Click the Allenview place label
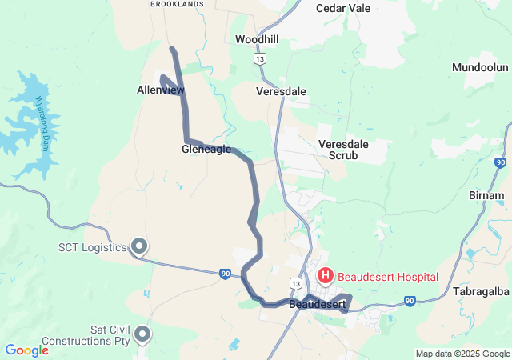coord(160,90)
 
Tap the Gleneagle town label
coord(206,149)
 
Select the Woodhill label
coord(256,39)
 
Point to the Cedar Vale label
coord(342,8)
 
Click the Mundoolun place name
coord(480,67)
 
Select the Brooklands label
coord(177,4)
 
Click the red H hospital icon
coord(326,276)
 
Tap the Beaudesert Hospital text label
coord(388,277)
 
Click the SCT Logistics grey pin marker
coord(139,246)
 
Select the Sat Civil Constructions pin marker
coord(143,334)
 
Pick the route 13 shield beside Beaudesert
coord(296,283)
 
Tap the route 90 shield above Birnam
coord(500,162)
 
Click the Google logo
coord(26,350)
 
